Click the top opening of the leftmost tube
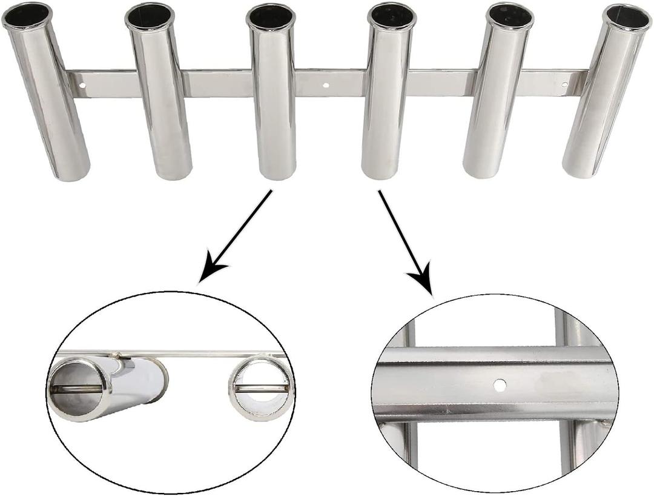coord(27,16)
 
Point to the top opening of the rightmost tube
coord(627,18)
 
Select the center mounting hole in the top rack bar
coord(327,85)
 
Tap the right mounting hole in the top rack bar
coord(564,85)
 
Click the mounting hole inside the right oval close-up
coord(499,384)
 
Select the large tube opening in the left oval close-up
coord(79,388)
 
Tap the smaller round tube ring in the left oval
coord(261,389)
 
